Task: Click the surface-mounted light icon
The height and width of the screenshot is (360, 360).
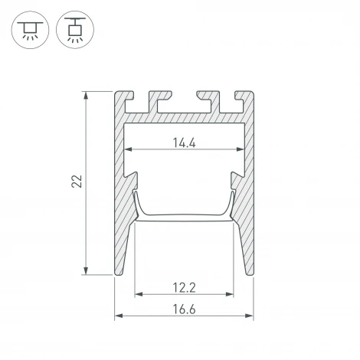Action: [28, 28]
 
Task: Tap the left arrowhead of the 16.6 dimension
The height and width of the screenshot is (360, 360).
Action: [119, 316]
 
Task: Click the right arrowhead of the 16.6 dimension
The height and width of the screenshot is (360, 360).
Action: [250, 316]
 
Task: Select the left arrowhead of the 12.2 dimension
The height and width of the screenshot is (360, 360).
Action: [139, 294]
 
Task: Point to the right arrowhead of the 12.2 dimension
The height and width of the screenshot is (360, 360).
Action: [231, 294]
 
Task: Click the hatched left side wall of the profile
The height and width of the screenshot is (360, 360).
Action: [123, 191]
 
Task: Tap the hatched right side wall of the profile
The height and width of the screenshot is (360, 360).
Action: [247, 191]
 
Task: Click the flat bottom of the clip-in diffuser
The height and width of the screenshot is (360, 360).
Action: [185, 220]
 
